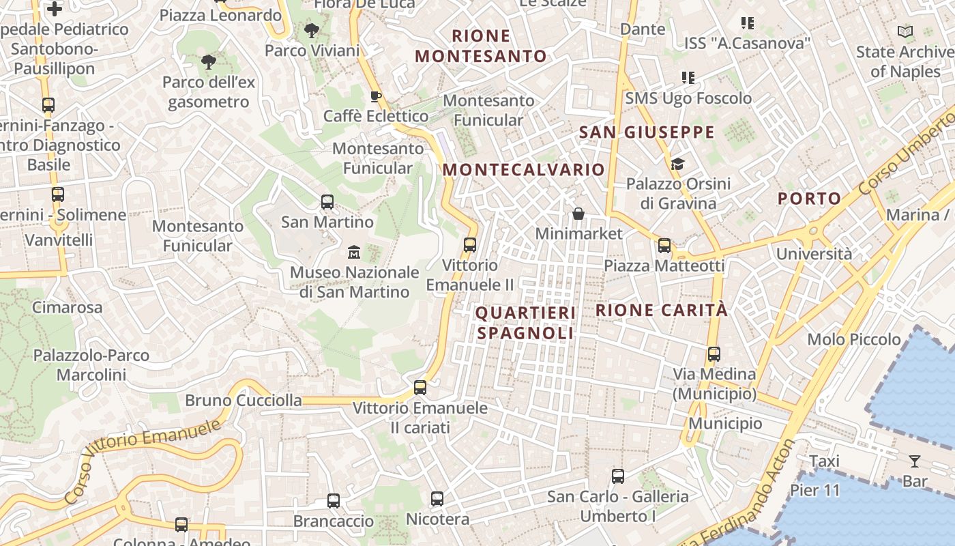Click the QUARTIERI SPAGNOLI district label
click(525, 323)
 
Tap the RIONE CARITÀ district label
click(662, 310)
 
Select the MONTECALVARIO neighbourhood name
click(524, 169)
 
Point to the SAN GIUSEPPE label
click(647, 132)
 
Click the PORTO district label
click(810, 199)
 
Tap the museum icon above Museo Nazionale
click(353, 253)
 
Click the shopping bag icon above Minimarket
click(578, 214)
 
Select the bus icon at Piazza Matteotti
click(664, 246)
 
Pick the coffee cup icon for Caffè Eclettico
click(374, 96)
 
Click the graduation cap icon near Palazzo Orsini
click(677, 164)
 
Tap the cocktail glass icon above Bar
click(915, 461)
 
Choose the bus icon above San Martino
click(327, 202)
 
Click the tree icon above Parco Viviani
click(312, 31)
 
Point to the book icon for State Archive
click(905, 31)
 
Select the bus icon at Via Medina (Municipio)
click(714, 354)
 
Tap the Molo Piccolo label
click(853, 339)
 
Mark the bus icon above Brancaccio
click(334, 501)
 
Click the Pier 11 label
click(815, 490)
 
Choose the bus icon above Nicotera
click(437, 499)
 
